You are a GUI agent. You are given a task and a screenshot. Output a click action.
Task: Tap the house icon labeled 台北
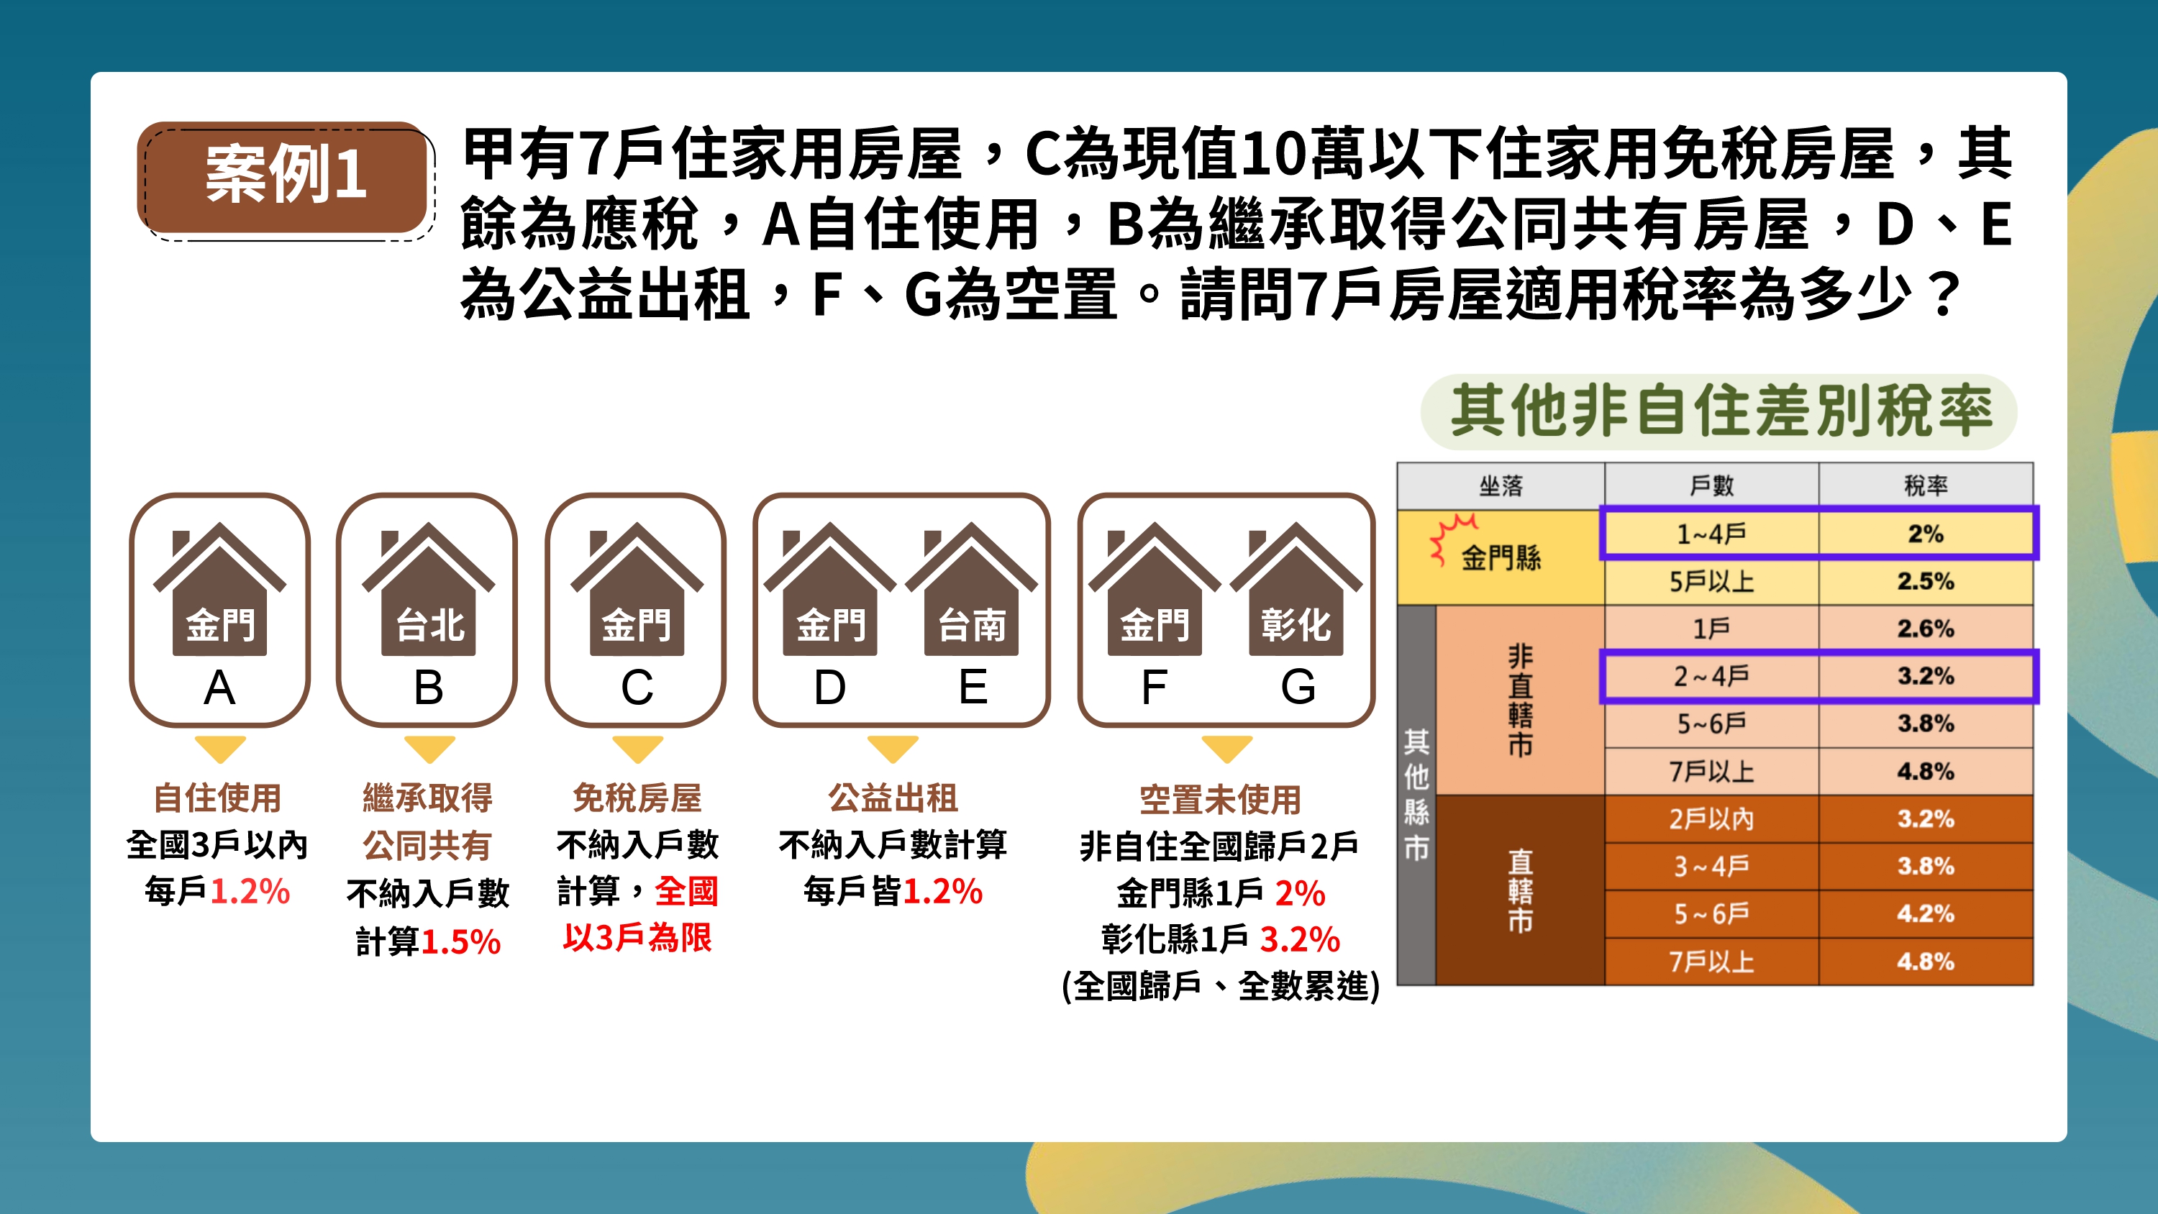tap(428, 588)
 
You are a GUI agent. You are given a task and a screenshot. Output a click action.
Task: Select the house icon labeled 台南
tap(971, 588)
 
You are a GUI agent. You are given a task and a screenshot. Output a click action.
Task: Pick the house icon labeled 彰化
tap(1296, 588)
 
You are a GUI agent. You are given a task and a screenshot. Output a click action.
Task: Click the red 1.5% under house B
tap(461, 941)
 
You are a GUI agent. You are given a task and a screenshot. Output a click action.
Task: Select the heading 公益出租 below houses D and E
tap(893, 798)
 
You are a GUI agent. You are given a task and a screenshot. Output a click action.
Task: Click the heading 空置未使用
tap(1221, 799)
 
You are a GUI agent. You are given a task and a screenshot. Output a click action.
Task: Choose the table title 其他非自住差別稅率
tap(1721, 411)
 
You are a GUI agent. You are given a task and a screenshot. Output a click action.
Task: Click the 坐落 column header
tap(1501, 486)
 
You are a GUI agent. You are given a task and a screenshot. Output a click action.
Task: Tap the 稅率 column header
tap(1925, 485)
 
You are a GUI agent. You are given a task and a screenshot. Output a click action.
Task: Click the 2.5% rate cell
tap(1925, 581)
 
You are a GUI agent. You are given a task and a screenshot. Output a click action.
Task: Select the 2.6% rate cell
tap(1925, 629)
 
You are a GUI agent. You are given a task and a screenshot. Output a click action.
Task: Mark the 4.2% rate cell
tap(1925, 913)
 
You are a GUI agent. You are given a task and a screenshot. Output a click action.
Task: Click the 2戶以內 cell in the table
tap(1711, 818)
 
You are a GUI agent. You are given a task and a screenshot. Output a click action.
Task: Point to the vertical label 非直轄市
tap(1521, 700)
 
